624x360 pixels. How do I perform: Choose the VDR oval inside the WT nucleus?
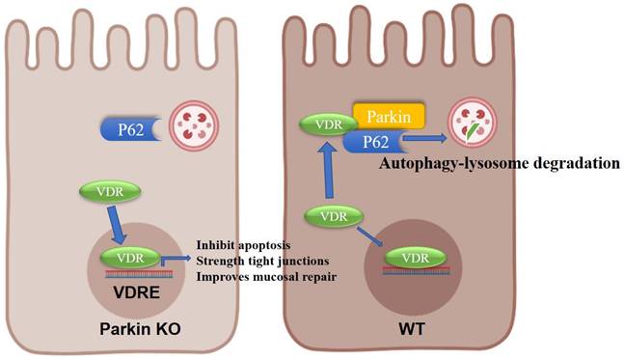click(x=417, y=259)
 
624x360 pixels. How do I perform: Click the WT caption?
click(x=408, y=329)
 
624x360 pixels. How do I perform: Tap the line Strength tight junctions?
click(x=259, y=261)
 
